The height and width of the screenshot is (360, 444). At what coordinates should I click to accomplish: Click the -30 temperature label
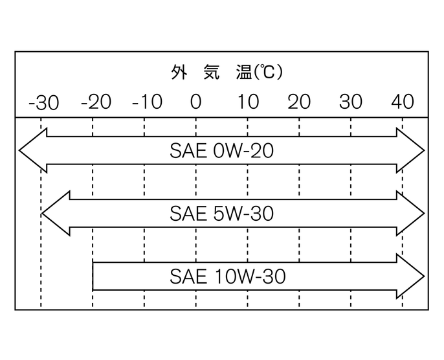pos(43,102)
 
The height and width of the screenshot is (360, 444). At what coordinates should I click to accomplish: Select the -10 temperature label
pos(146,102)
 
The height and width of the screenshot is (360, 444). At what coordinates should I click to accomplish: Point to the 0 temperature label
pos(195,102)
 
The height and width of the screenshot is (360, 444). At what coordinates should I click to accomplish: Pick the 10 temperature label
pos(247,102)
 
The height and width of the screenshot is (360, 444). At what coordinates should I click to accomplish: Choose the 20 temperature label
pos(299,102)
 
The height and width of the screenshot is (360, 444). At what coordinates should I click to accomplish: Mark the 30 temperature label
pos(351,102)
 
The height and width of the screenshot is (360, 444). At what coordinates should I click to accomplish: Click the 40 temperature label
pos(403,102)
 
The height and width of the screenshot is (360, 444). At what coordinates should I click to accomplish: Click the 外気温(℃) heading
pos(227,72)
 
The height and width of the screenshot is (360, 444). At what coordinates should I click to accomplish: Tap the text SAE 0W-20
pos(222,151)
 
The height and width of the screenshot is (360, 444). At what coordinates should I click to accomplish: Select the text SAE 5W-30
pos(222,214)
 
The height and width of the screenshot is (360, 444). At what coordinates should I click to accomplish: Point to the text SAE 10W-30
pos(228,277)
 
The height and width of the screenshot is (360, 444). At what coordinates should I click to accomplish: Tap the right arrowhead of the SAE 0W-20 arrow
pos(411,151)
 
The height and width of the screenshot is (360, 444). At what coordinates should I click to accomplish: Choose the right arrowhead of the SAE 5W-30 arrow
pos(411,214)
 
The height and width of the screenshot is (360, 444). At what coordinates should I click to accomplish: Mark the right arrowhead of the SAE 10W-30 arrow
pos(411,277)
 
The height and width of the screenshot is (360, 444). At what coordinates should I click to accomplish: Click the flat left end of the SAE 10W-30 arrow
pos(94,277)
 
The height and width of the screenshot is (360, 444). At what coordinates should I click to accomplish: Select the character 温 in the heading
pos(245,72)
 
